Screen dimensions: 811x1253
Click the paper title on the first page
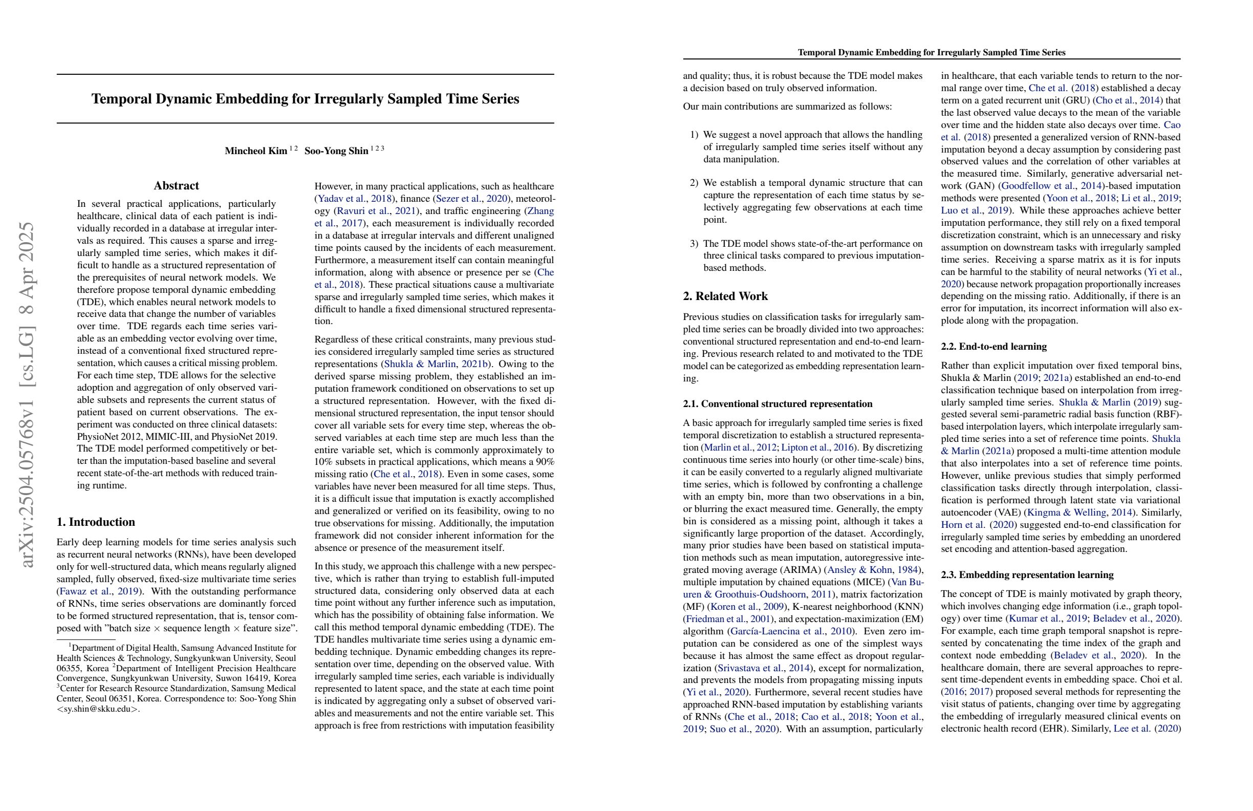(x=306, y=99)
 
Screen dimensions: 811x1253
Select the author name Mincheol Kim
(x=256, y=151)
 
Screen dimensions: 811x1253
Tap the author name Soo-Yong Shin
(x=336, y=151)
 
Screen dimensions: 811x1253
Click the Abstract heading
(x=177, y=186)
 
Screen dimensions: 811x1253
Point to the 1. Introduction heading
(x=96, y=522)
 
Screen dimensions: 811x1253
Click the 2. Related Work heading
(x=725, y=296)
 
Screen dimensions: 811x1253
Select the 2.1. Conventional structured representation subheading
(x=777, y=404)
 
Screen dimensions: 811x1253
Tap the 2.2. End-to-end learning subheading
(x=993, y=347)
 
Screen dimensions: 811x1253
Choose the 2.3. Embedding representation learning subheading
(x=1027, y=574)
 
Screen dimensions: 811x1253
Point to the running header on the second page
(x=932, y=53)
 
